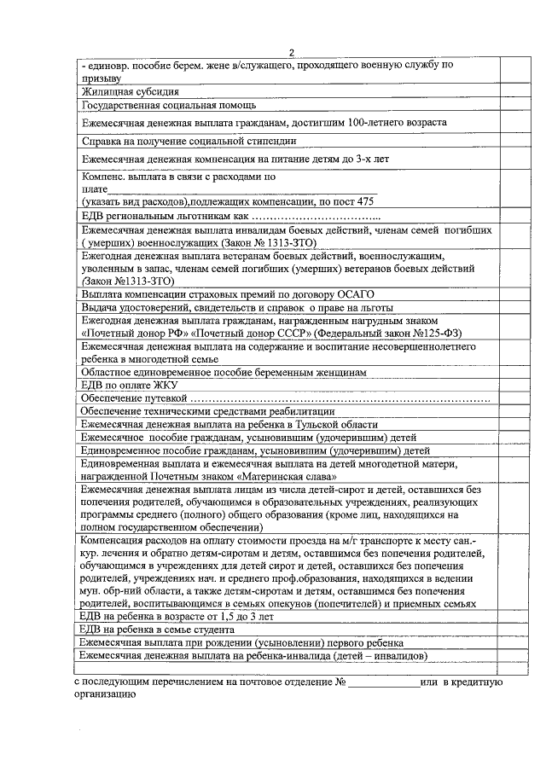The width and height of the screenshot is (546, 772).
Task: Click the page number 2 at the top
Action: click(x=291, y=53)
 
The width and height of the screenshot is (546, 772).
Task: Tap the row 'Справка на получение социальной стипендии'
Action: click(x=189, y=142)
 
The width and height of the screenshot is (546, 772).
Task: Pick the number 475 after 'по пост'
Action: click(x=364, y=201)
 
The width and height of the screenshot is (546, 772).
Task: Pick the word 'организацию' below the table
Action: click(x=102, y=695)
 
